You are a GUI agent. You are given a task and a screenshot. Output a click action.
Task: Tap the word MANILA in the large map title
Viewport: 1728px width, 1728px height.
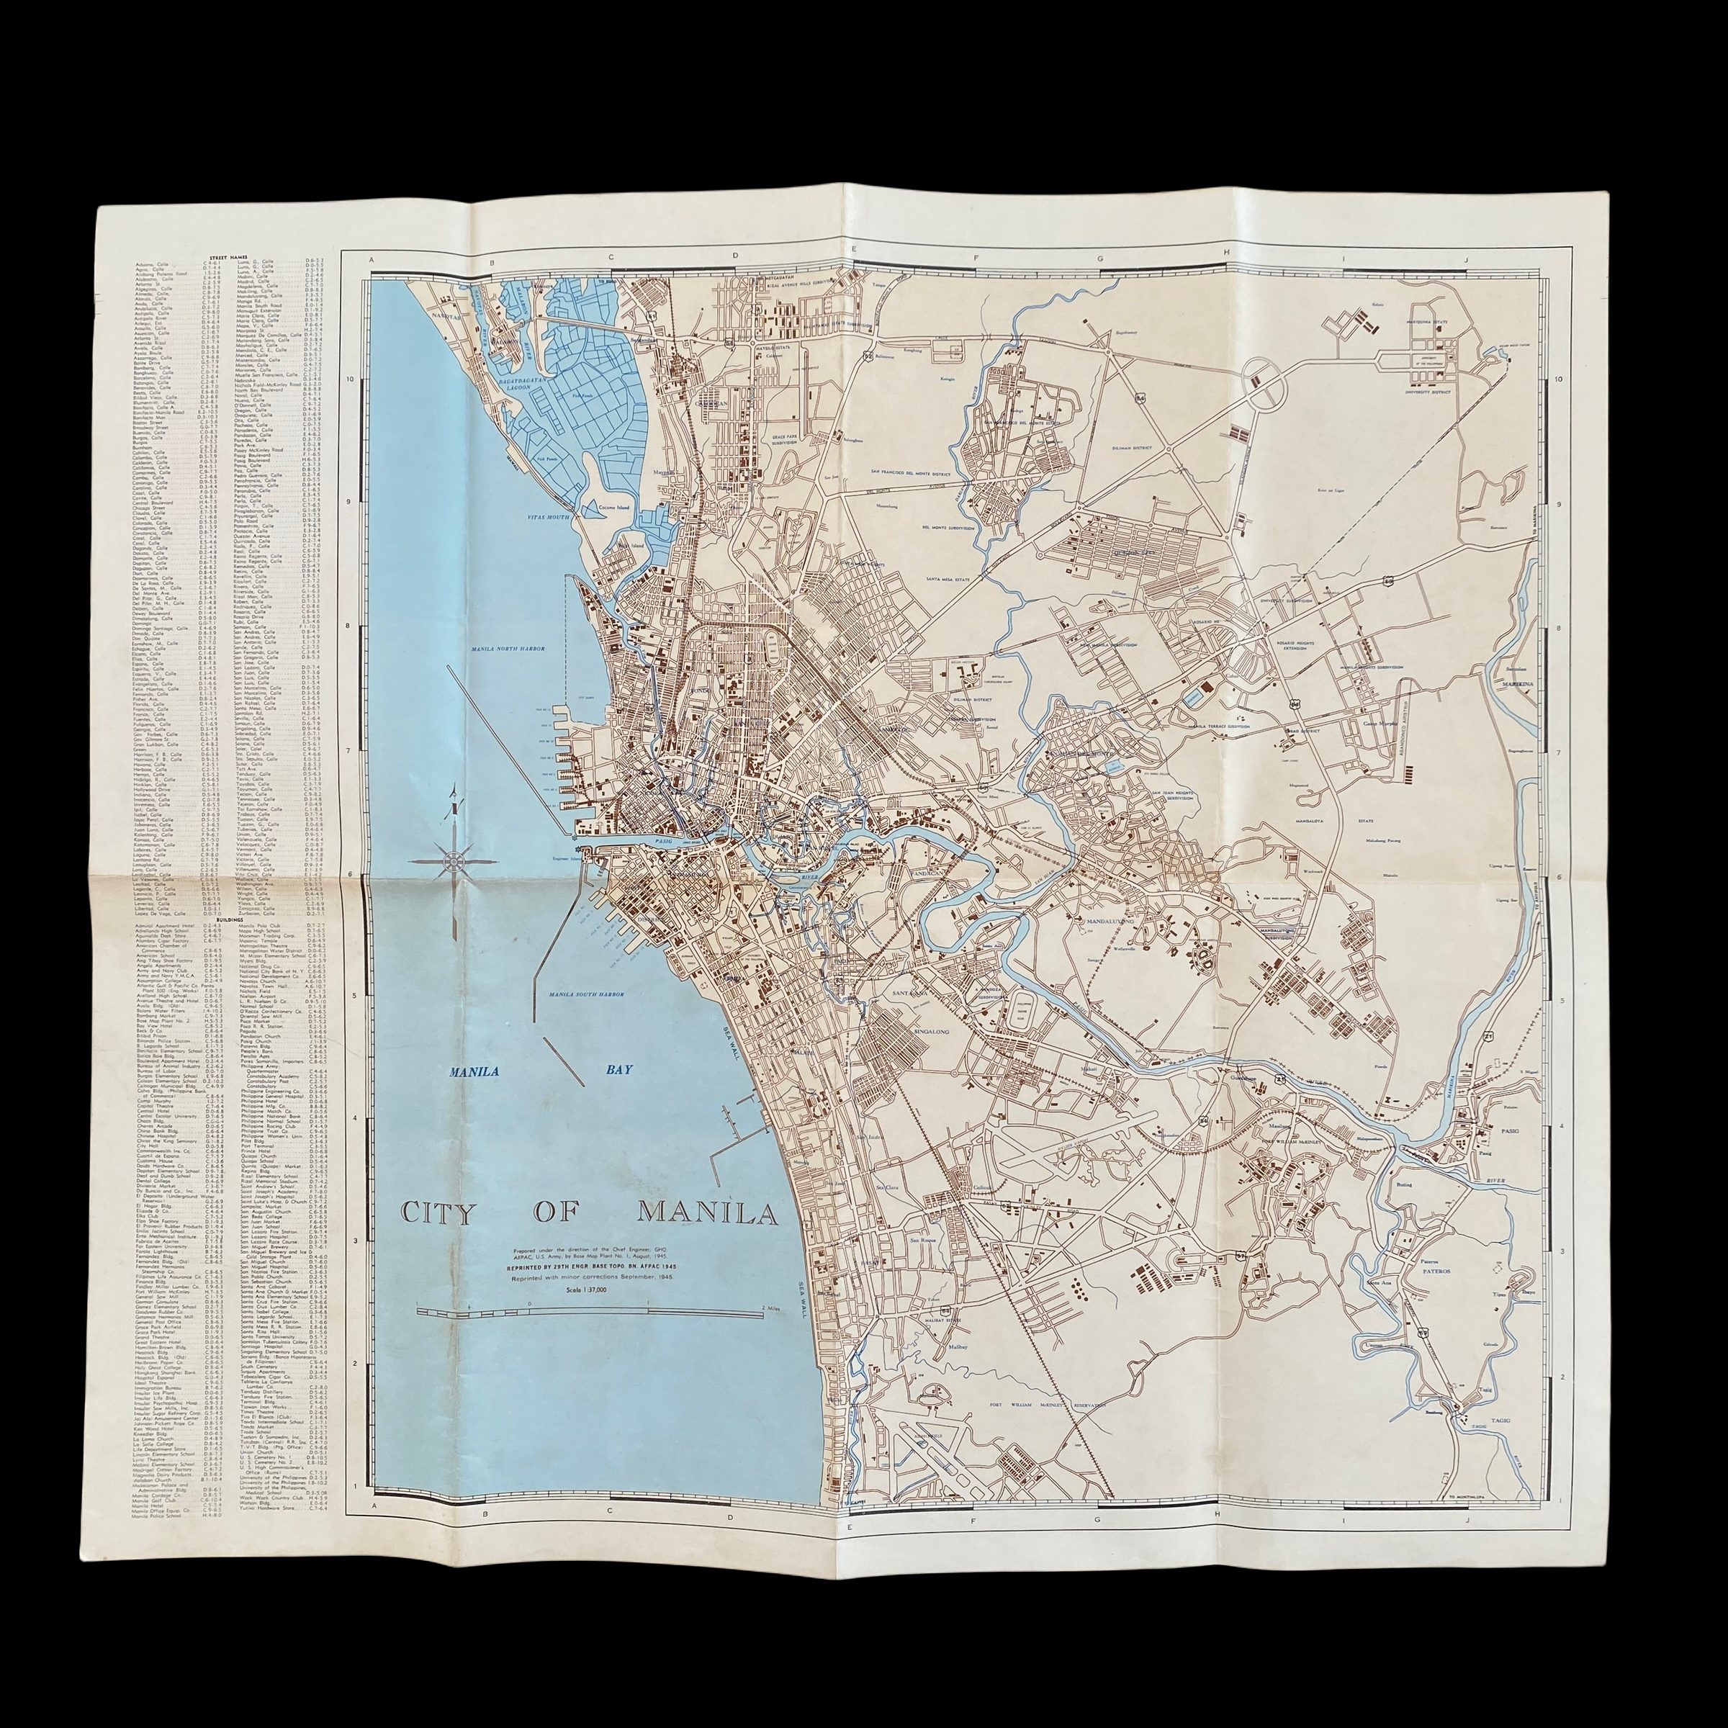tap(706, 1214)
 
